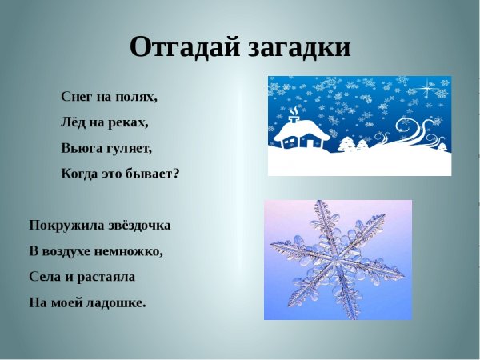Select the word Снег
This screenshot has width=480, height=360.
77,97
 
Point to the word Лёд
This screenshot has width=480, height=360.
74,122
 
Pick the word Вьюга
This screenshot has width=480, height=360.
80,148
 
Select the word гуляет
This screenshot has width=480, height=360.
128,148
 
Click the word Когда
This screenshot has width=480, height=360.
80,174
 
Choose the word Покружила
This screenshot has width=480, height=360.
65,226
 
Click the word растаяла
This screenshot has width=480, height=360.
106,277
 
